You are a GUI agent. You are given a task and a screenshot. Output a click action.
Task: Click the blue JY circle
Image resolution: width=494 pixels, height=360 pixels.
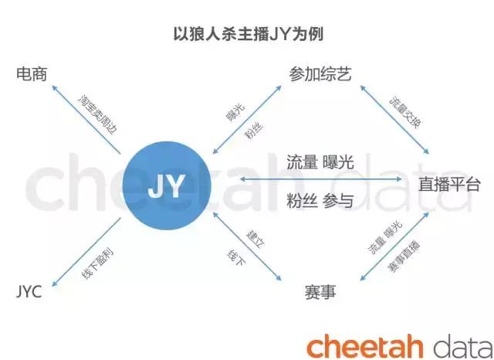167,185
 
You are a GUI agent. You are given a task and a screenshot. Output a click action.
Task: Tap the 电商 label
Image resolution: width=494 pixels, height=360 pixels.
32,74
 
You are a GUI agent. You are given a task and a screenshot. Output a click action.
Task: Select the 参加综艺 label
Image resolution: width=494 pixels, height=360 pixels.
320,74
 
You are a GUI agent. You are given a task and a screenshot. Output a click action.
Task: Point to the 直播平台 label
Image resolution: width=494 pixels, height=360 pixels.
449,184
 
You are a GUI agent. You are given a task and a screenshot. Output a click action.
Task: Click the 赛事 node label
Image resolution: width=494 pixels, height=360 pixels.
320,291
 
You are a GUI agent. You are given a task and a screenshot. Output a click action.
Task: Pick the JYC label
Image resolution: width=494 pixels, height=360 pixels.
29,291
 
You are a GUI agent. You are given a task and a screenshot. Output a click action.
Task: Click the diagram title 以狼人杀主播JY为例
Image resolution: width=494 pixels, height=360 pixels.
249,34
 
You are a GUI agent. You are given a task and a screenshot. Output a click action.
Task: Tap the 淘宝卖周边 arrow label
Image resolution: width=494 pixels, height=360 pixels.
98,114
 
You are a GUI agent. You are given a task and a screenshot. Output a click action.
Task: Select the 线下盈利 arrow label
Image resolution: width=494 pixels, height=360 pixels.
97,263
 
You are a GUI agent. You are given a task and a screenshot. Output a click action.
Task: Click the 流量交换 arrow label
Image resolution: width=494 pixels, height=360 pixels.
404,112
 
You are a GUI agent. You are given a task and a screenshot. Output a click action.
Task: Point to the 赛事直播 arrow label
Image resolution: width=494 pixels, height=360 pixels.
404,256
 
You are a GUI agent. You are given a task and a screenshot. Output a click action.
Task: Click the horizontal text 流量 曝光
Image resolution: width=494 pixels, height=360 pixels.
320,162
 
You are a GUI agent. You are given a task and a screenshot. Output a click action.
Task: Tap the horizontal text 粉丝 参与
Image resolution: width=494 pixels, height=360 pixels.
320,200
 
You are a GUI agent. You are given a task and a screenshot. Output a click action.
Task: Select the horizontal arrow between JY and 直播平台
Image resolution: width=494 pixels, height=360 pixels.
321,179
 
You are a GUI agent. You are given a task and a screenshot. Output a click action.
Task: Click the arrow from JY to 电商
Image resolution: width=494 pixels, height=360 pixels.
86,120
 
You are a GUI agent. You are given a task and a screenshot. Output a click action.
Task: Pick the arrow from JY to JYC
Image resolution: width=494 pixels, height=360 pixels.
86,252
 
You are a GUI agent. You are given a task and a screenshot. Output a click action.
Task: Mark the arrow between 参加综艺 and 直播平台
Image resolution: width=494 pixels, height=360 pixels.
394,120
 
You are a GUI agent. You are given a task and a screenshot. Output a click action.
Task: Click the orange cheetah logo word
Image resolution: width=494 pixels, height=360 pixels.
364,346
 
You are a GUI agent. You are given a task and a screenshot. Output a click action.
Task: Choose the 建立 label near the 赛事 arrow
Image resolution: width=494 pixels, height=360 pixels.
255,239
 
